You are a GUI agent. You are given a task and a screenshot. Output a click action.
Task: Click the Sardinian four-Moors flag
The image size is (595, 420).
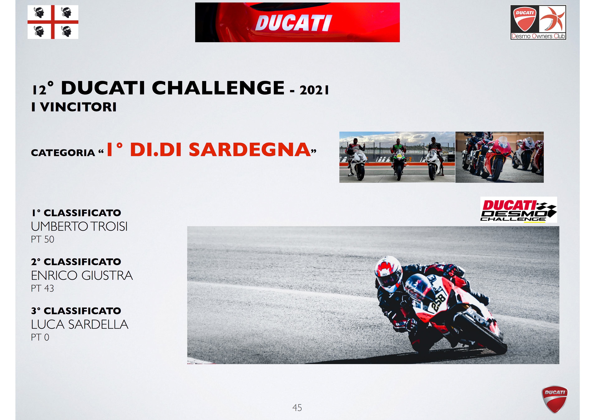53,22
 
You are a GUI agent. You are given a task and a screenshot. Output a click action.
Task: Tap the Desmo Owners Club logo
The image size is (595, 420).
538,22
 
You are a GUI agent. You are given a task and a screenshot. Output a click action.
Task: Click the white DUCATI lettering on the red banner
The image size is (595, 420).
294,23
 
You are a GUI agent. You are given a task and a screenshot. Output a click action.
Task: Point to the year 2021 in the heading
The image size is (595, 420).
314,90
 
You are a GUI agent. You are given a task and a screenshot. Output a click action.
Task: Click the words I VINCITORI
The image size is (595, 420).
74,107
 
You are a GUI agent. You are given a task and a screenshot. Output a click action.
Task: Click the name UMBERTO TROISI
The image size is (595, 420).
79,226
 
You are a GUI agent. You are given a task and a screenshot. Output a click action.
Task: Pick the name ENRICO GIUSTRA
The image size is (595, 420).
82,275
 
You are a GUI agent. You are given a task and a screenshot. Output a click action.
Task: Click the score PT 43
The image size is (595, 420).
43,288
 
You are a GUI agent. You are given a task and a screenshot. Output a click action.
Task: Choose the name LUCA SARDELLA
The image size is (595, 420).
80,324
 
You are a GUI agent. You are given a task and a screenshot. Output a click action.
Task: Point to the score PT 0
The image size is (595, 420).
40,337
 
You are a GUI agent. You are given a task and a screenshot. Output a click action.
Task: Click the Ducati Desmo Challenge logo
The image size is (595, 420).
519,210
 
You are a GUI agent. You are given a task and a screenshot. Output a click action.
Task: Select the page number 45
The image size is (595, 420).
297,408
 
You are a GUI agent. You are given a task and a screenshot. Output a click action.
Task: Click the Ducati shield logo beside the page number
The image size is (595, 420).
554,399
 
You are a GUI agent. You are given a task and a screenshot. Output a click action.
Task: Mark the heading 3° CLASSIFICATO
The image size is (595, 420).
76,311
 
